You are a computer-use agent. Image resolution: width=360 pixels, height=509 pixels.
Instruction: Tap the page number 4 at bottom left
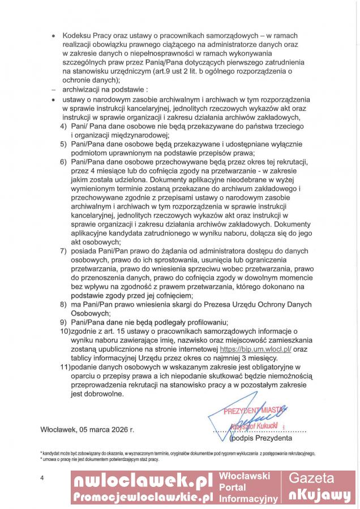coord(42,479)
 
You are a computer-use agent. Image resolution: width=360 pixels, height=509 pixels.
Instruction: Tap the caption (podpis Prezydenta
coord(261,438)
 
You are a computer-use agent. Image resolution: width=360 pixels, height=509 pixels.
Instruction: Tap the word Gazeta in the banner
coord(319,478)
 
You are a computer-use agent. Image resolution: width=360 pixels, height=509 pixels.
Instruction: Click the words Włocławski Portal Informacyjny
coord(248,488)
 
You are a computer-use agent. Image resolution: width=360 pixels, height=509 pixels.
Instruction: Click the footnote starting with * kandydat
coord(177,453)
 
